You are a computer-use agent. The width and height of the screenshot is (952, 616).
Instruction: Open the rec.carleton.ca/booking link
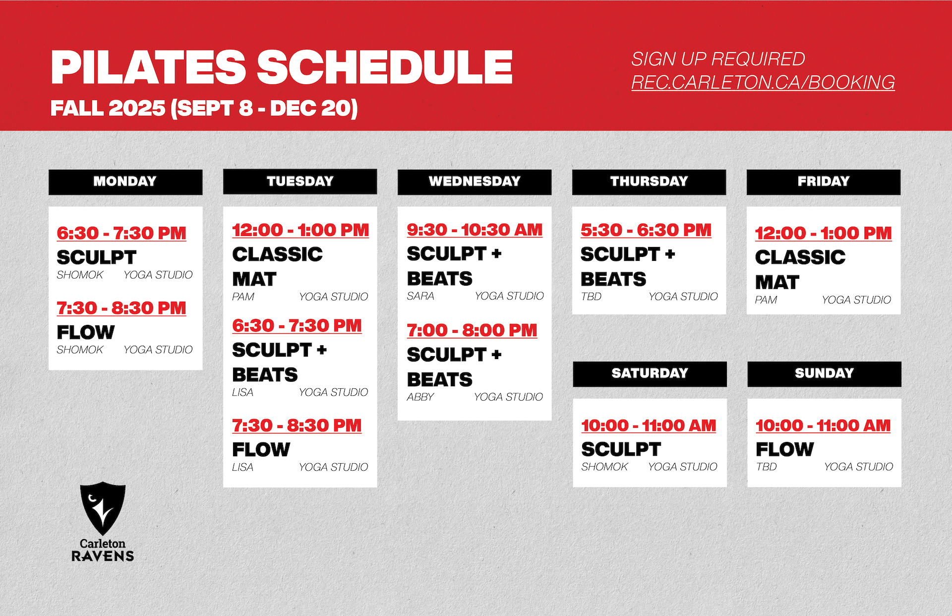tap(763, 82)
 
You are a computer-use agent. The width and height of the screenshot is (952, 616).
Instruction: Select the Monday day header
tap(125, 182)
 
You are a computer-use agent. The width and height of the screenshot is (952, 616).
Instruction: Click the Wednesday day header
tap(475, 182)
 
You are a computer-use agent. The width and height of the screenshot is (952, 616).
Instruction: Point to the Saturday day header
tap(650, 373)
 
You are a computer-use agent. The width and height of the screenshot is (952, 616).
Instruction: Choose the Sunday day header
tap(824, 373)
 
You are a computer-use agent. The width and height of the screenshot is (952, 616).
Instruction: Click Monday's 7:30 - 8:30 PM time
tap(121, 308)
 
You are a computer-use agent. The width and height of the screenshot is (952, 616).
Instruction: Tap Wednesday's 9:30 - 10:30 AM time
tap(475, 230)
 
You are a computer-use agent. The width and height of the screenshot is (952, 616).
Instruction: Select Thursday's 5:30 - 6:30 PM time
tap(646, 230)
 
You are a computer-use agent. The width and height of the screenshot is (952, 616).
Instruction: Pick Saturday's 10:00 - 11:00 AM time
tap(649, 426)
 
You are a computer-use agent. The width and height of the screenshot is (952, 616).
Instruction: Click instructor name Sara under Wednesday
tap(420, 296)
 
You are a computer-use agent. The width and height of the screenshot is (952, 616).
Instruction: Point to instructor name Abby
tap(420, 397)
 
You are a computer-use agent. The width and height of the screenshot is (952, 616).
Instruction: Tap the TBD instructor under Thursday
tap(591, 297)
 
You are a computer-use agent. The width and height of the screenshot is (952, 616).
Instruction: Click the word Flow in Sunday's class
tap(784, 450)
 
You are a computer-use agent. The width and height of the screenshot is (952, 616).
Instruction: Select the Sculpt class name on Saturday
tap(621, 450)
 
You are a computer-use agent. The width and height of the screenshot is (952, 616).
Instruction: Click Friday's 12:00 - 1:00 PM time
tap(823, 233)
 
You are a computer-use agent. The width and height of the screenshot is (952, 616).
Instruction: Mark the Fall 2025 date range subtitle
tap(204, 108)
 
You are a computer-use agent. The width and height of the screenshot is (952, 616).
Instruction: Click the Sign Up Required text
tap(718, 59)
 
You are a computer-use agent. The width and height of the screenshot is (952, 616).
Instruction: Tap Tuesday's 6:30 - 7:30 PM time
tap(297, 326)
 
